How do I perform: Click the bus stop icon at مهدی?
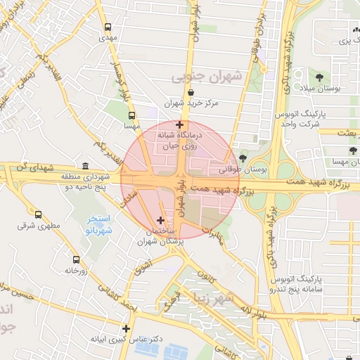point(108,27)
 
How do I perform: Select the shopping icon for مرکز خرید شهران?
point(191,92)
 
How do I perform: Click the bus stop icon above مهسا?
point(131,115)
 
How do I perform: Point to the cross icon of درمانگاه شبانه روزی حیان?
point(180,124)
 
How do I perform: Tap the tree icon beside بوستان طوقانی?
point(243,159)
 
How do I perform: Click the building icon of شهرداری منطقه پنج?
point(86,166)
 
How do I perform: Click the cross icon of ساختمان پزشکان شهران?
point(160,221)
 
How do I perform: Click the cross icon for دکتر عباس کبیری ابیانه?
point(126,328)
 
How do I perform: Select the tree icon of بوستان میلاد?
point(320,76)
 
